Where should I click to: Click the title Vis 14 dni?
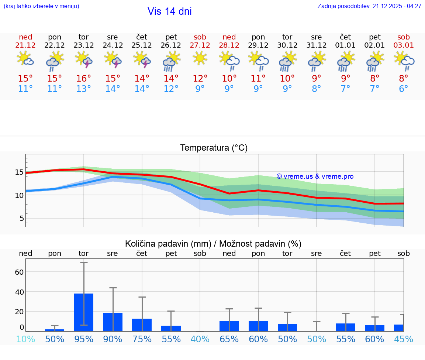pyautogui.click(x=170, y=11)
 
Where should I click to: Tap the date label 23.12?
pyautogui.click(x=84, y=45)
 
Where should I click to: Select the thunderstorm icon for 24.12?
pyautogui.click(x=113, y=60)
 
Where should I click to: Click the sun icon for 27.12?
pyautogui.click(x=200, y=58)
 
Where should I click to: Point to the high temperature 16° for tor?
pyautogui.click(x=84, y=79)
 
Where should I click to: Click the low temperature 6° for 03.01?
pyautogui.click(x=404, y=89)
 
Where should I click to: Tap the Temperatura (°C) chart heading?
pyautogui.click(x=214, y=148)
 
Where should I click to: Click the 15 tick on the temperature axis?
pyautogui.click(x=19, y=172)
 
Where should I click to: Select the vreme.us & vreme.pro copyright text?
pyautogui.click(x=315, y=176)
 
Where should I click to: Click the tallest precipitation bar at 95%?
pyautogui.click(x=84, y=312)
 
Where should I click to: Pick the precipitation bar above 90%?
pyautogui.click(x=113, y=322)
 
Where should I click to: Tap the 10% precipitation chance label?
pyautogui.click(x=25, y=339)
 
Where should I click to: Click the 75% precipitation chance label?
pyautogui.click(x=142, y=339)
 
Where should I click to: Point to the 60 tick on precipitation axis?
pyautogui.click(x=19, y=272)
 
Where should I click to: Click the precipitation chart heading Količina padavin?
pyautogui.click(x=213, y=244)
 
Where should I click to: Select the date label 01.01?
pyautogui.click(x=345, y=45)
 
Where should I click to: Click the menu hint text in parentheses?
pyautogui.click(x=41, y=6)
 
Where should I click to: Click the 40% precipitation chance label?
pyautogui.click(x=200, y=339)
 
